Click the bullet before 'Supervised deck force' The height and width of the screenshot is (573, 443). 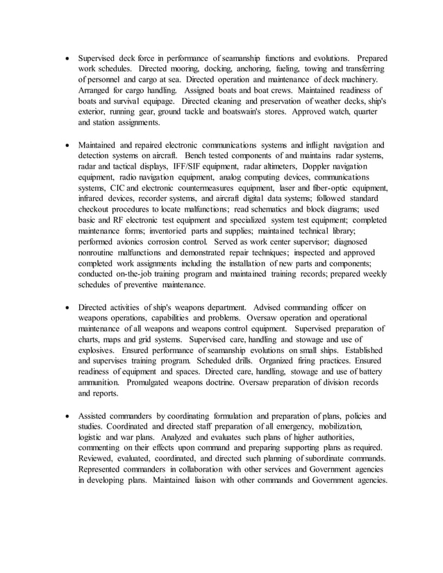(x=66, y=59)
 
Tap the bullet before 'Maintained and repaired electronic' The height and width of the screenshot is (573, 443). (x=66, y=146)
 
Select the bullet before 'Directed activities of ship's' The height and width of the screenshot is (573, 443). (x=66, y=307)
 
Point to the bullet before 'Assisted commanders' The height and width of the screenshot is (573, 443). (x=66, y=416)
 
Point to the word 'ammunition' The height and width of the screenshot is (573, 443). (x=101, y=382)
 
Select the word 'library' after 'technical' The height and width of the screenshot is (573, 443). (x=339, y=231)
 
